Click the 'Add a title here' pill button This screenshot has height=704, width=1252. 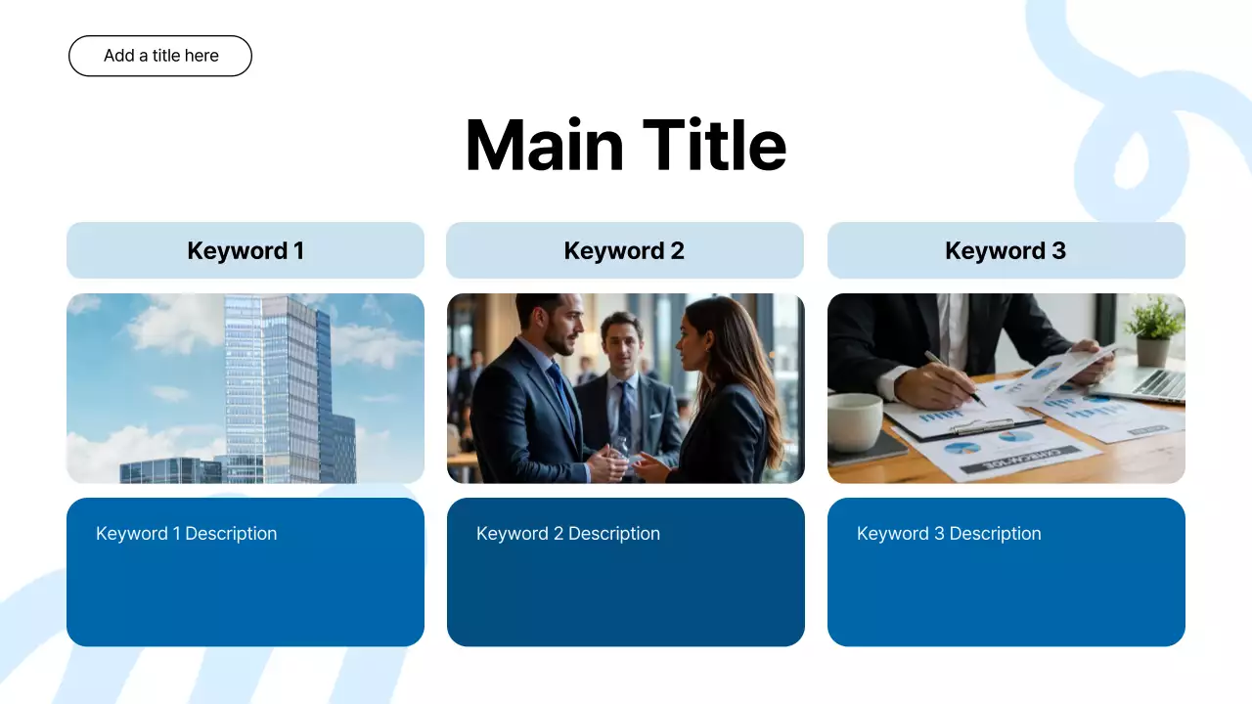[x=160, y=56]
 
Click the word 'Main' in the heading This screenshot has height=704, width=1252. [x=544, y=146]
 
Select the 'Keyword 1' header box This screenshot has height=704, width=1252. [x=246, y=250]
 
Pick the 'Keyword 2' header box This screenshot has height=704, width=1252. [x=625, y=250]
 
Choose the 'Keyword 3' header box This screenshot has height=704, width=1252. [x=1006, y=250]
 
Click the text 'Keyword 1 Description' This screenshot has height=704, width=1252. [x=186, y=534]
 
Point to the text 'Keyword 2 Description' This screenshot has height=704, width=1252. [x=567, y=534]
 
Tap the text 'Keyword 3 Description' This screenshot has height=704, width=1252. [x=948, y=534]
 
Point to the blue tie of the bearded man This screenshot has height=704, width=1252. [x=562, y=390]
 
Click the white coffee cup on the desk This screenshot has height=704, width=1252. [x=854, y=421]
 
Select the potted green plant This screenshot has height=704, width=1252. [x=1154, y=329]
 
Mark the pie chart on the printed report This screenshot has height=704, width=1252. [x=962, y=448]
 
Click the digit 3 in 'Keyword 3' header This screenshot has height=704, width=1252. [x=1058, y=250]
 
